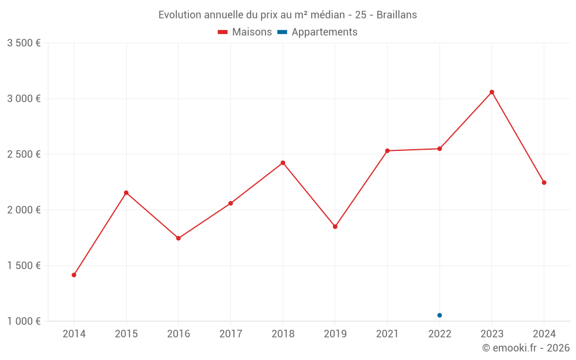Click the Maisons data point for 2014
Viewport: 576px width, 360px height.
(74, 275)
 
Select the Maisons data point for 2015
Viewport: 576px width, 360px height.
(126, 192)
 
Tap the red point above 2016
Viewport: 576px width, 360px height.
(179, 238)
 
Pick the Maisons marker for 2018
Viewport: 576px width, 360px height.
(283, 163)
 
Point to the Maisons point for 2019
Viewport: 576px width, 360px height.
(335, 226)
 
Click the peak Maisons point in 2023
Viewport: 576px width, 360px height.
(492, 92)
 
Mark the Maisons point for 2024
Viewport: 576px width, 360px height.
(544, 183)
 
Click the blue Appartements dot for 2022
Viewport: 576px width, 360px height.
(439, 315)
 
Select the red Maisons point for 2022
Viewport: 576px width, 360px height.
(439, 149)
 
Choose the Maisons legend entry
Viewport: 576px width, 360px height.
(245, 32)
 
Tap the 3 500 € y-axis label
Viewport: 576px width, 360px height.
(24, 43)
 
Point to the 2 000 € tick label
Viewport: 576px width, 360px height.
(24, 210)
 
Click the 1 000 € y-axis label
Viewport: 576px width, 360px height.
(24, 321)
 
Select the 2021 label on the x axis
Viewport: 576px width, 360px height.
(387, 334)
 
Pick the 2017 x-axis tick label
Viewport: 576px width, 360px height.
(230, 334)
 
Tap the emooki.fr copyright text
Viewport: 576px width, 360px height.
(526, 347)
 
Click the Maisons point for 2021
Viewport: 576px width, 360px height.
(387, 151)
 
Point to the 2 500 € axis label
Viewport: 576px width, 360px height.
(24, 154)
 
